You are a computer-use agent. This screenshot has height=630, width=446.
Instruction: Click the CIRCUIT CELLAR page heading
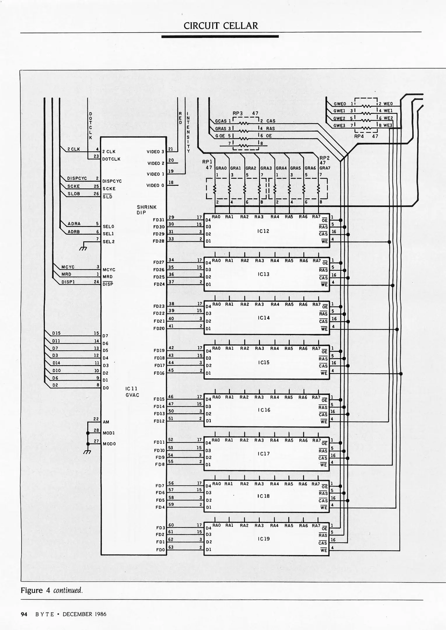(x=221, y=26)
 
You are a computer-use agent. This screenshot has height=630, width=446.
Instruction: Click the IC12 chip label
(x=263, y=231)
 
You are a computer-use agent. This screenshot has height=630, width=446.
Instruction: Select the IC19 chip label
(x=263, y=539)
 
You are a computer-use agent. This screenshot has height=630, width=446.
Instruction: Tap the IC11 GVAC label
(x=132, y=392)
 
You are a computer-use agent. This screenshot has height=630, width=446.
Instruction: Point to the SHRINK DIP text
(x=146, y=210)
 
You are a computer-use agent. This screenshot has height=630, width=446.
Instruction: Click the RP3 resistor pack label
(x=237, y=113)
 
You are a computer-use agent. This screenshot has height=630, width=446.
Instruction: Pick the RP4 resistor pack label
(x=359, y=136)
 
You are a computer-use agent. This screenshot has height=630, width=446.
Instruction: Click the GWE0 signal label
(x=340, y=104)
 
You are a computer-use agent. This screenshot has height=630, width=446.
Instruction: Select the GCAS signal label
(x=221, y=121)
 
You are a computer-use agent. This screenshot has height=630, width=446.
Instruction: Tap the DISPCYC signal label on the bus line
(x=77, y=178)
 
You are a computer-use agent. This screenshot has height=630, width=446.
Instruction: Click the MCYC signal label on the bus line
(x=68, y=267)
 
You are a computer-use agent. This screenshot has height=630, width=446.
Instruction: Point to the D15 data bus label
(x=56, y=333)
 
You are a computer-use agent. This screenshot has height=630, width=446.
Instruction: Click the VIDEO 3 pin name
(x=155, y=152)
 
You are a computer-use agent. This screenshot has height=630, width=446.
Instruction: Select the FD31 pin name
(x=159, y=220)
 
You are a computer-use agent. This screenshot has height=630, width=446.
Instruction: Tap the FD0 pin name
(x=160, y=550)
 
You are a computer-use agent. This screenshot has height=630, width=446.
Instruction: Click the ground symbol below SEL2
(x=83, y=248)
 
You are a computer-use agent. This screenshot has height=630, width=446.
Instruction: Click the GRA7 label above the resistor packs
(x=324, y=168)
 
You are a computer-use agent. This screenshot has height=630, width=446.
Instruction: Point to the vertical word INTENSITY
(x=188, y=132)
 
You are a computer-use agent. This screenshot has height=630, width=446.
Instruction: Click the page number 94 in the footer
(x=24, y=614)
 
